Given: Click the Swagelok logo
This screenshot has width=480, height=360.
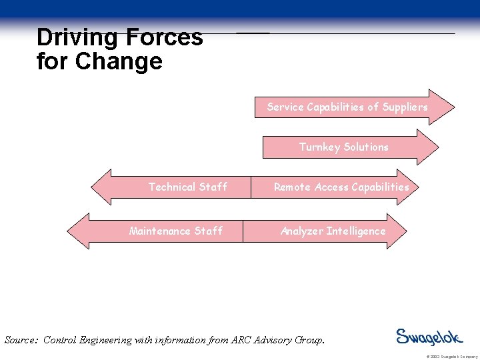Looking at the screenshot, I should point(429,337).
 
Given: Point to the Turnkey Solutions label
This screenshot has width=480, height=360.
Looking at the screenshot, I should point(343,147).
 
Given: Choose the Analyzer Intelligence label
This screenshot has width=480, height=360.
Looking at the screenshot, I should point(333,231).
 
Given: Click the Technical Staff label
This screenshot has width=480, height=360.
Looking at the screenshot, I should point(187,187).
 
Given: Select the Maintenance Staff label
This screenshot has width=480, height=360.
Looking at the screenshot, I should point(175,231).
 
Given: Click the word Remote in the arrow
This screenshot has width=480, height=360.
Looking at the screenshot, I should point(292,187).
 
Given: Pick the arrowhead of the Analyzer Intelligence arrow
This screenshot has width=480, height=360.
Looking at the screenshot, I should point(396,231).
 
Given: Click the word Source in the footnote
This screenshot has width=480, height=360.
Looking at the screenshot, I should point(21,340).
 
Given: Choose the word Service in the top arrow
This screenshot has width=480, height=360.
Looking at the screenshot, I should point(285,107).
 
